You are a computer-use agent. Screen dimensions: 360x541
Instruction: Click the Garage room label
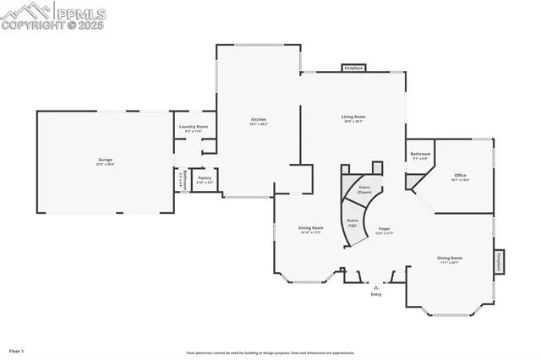click(105, 160)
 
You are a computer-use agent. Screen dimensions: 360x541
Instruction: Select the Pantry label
click(205, 177)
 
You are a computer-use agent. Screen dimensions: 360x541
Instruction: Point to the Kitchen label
click(259, 120)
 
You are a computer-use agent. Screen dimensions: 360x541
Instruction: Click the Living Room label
click(353, 117)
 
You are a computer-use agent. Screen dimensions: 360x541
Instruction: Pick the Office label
click(460, 176)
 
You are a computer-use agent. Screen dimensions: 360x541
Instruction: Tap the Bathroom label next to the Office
click(420, 154)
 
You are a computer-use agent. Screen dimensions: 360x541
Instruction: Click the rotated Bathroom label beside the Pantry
click(181, 180)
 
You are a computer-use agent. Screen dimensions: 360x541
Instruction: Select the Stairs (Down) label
click(364, 189)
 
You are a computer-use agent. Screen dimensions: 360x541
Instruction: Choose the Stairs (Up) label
click(352, 222)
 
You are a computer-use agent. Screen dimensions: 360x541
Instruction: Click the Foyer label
click(384, 228)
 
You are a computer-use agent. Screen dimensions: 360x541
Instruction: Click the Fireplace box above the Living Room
click(353, 68)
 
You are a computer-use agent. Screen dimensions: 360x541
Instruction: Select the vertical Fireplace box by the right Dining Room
click(499, 263)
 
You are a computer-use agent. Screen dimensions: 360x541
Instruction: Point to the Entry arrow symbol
click(376, 287)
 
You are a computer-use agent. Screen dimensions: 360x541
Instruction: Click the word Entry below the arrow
click(376, 295)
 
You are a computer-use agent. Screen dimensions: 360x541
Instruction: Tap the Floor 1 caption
click(17, 350)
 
